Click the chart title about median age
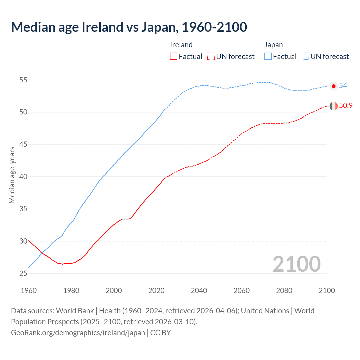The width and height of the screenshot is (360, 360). (129, 27)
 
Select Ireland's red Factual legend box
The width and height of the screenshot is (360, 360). (174, 57)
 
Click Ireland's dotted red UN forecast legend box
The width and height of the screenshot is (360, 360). (211, 57)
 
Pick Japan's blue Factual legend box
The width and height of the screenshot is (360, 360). (268, 57)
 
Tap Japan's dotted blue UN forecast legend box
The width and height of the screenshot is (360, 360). (305, 57)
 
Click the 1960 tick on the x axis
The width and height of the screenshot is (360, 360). (29, 291)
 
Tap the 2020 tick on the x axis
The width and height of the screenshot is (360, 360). (156, 291)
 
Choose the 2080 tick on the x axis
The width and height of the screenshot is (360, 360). (284, 291)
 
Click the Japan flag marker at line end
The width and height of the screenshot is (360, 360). (334, 86)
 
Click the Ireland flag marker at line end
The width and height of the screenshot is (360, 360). (334, 106)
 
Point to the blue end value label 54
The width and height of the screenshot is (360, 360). (343, 86)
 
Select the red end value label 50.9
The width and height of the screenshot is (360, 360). (346, 106)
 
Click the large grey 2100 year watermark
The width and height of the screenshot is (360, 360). (296, 264)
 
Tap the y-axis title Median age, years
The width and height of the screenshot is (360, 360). (12, 175)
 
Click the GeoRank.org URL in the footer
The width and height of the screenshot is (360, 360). (78, 333)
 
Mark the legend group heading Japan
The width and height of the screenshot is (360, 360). (273, 45)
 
